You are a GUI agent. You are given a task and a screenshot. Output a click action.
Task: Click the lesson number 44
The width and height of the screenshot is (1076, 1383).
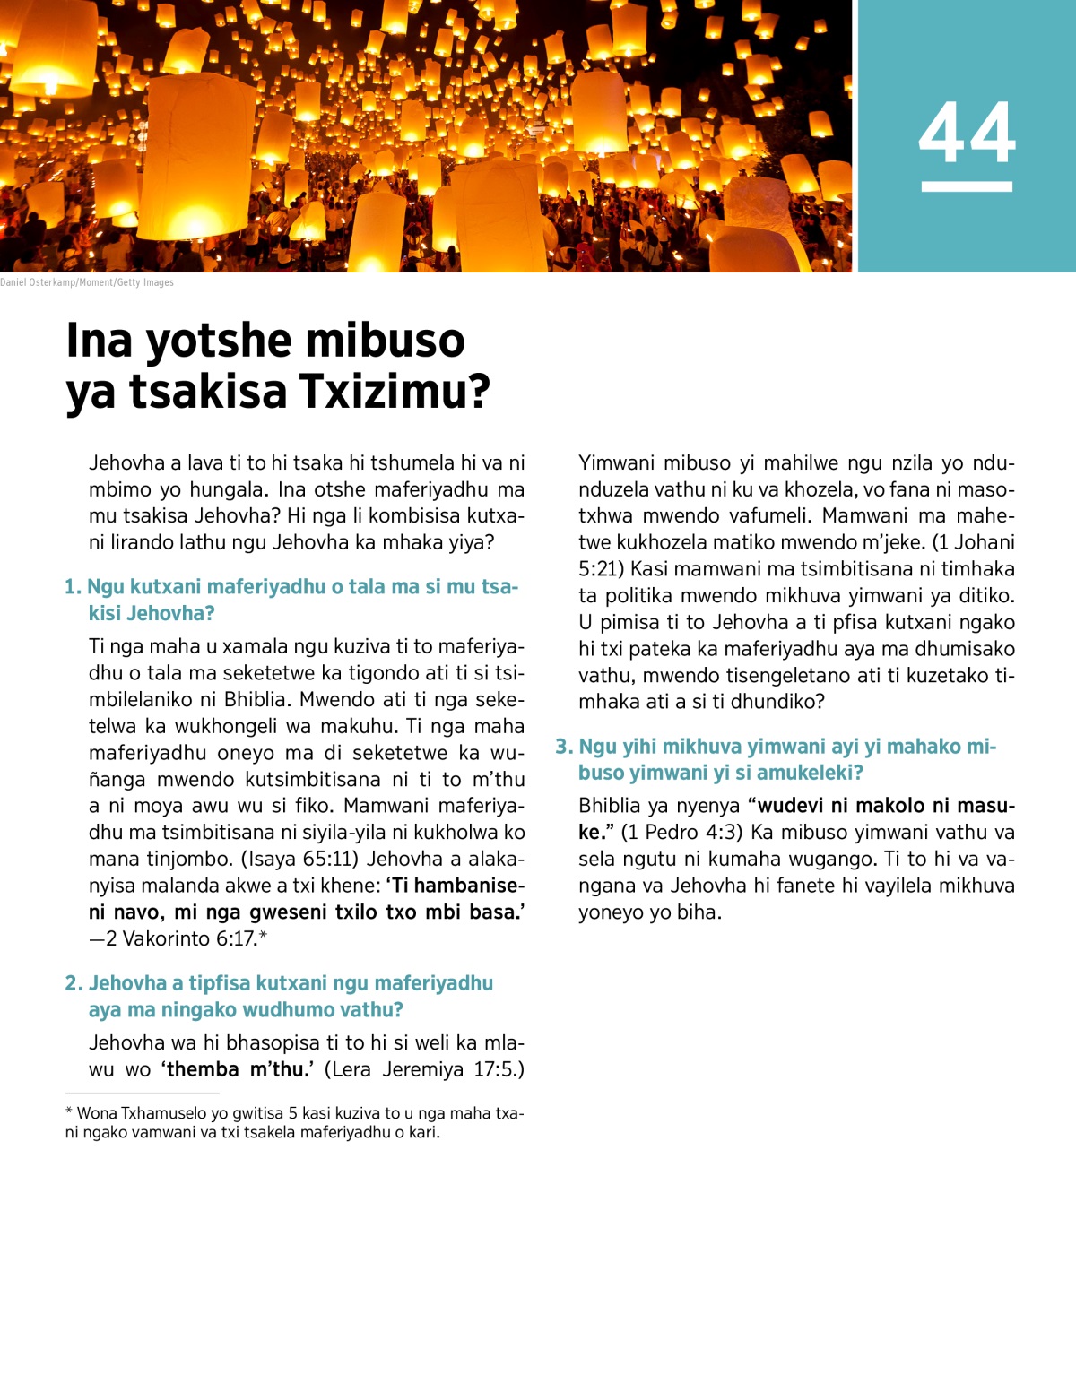(x=967, y=133)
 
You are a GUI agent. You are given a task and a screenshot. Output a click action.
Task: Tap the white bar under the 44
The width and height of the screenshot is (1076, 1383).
(x=967, y=186)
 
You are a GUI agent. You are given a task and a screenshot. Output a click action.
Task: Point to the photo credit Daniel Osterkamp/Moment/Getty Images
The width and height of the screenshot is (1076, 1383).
(x=87, y=282)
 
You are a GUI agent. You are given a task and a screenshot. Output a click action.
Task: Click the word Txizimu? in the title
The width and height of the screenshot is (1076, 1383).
(x=395, y=392)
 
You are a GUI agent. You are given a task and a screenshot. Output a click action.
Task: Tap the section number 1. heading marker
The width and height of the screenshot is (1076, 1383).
(x=73, y=587)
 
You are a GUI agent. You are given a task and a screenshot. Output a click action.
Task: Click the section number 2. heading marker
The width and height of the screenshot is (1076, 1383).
(x=74, y=983)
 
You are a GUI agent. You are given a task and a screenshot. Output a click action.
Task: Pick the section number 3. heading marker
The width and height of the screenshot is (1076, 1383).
(x=564, y=747)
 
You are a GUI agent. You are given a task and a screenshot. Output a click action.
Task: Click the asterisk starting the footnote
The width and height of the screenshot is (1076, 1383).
(x=69, y=1112)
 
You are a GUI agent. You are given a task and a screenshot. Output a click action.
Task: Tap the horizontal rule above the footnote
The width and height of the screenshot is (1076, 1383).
(x=142, y=1093)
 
